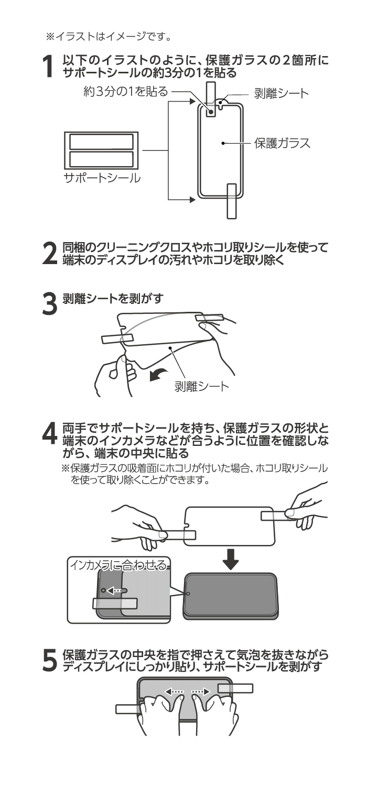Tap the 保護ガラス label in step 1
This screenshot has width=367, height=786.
tap(282, 143)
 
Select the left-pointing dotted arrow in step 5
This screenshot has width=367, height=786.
tap(175, 692)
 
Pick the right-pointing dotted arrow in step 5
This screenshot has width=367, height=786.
tap(200, 692)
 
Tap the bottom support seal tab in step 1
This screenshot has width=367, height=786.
tap(232, 200)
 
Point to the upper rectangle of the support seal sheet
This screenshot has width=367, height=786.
tap(101, 141)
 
